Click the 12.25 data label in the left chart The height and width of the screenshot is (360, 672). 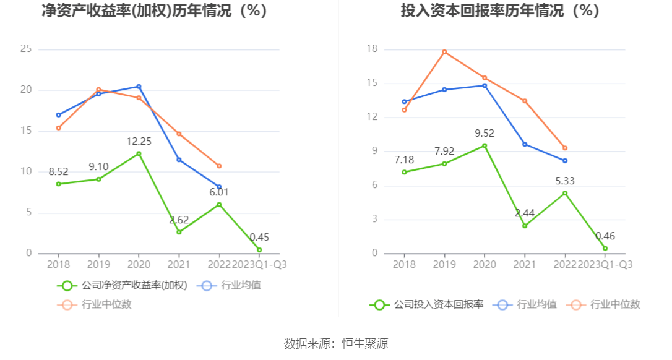[138, 141]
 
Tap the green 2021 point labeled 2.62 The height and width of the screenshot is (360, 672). [179, 232]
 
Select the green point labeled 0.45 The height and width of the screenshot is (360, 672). [259, 250]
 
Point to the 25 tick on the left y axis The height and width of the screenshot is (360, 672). [26, 49]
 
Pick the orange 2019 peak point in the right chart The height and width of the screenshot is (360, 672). [444, 52]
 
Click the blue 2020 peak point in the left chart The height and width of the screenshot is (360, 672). [139, 87]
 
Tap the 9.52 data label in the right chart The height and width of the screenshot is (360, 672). [484, 133]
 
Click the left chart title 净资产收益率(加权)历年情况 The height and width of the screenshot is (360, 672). [154, 11]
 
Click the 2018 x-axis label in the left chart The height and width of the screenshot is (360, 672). [59, 264]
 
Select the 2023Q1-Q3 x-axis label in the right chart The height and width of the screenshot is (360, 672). [605, 264]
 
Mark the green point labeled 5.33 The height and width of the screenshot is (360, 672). [565, 193]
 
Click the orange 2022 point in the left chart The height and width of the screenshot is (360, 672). [219, 166]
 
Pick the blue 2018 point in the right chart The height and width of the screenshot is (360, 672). [404, 101]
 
